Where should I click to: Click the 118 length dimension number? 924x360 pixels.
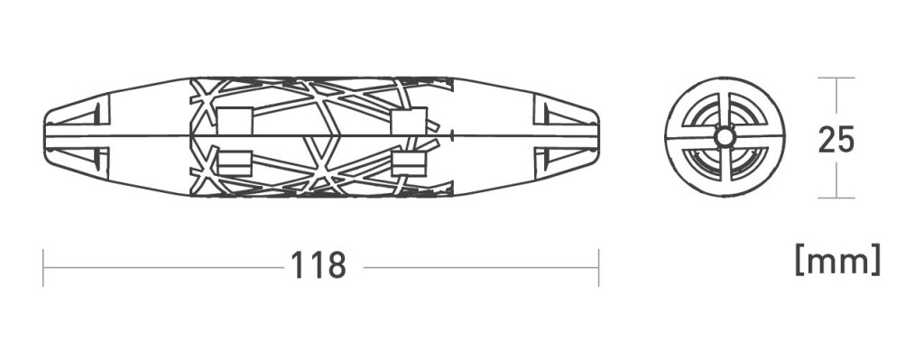click(319, 266)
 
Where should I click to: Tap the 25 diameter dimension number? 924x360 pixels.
click(836, 140)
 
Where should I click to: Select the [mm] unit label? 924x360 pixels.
click(837, 260)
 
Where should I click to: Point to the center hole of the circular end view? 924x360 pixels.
click(725, 137)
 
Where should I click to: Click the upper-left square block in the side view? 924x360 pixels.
click(235, 121)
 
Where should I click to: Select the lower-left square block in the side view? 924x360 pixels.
click(235, 162)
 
